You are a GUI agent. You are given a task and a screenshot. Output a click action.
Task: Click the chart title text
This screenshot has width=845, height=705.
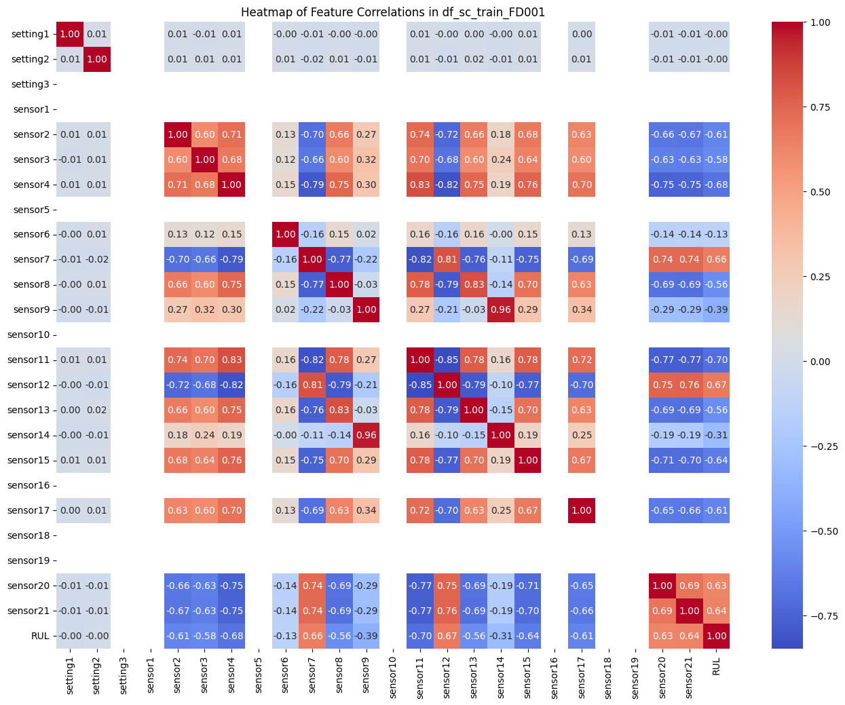point(393,12)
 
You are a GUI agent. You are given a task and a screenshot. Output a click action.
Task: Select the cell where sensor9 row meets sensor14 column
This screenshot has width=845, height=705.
point(501,309)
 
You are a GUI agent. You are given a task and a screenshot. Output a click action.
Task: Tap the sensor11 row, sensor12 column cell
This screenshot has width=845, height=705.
point(447,360)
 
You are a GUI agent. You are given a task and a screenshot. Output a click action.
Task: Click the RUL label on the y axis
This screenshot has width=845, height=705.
point(40,636)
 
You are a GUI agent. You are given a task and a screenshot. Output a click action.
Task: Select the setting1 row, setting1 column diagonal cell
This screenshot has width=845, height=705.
point(70,34)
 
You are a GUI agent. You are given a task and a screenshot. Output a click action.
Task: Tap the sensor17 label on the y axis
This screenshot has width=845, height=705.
point(31,510)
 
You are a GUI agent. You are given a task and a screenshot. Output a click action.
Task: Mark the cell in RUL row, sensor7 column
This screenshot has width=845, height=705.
point(312,636)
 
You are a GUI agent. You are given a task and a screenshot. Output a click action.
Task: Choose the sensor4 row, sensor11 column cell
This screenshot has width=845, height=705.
point(420,185)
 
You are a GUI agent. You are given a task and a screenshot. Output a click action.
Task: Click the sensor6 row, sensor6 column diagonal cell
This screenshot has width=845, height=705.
point(285,234)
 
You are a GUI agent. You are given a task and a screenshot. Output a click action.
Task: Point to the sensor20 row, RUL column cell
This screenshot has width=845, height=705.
point(716,586)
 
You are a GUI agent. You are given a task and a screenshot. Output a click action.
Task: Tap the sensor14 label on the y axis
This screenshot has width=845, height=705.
point(31,435)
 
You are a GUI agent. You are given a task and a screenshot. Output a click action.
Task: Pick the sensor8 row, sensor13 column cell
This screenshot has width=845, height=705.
point(474,284)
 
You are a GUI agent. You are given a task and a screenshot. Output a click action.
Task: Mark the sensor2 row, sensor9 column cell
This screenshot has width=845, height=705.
point(366,134)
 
